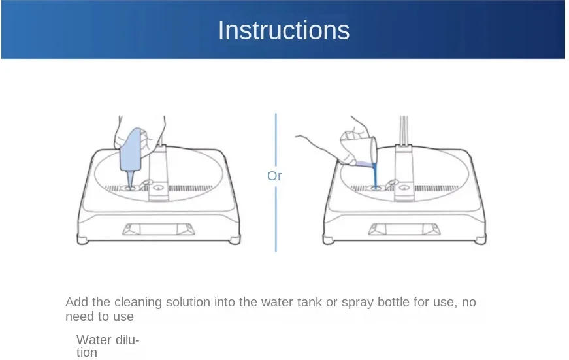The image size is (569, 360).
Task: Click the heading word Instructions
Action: tap(284, 31)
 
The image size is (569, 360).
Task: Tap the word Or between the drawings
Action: tap(274, 176)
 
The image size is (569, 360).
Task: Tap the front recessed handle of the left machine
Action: tap(159, 229)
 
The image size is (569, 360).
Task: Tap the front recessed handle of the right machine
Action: tap(404, 229)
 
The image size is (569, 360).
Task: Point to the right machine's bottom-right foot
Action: tap(480, 240)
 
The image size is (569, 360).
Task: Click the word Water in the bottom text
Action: tap(93, 340)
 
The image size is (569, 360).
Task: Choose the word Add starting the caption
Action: tap(76, 303)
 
